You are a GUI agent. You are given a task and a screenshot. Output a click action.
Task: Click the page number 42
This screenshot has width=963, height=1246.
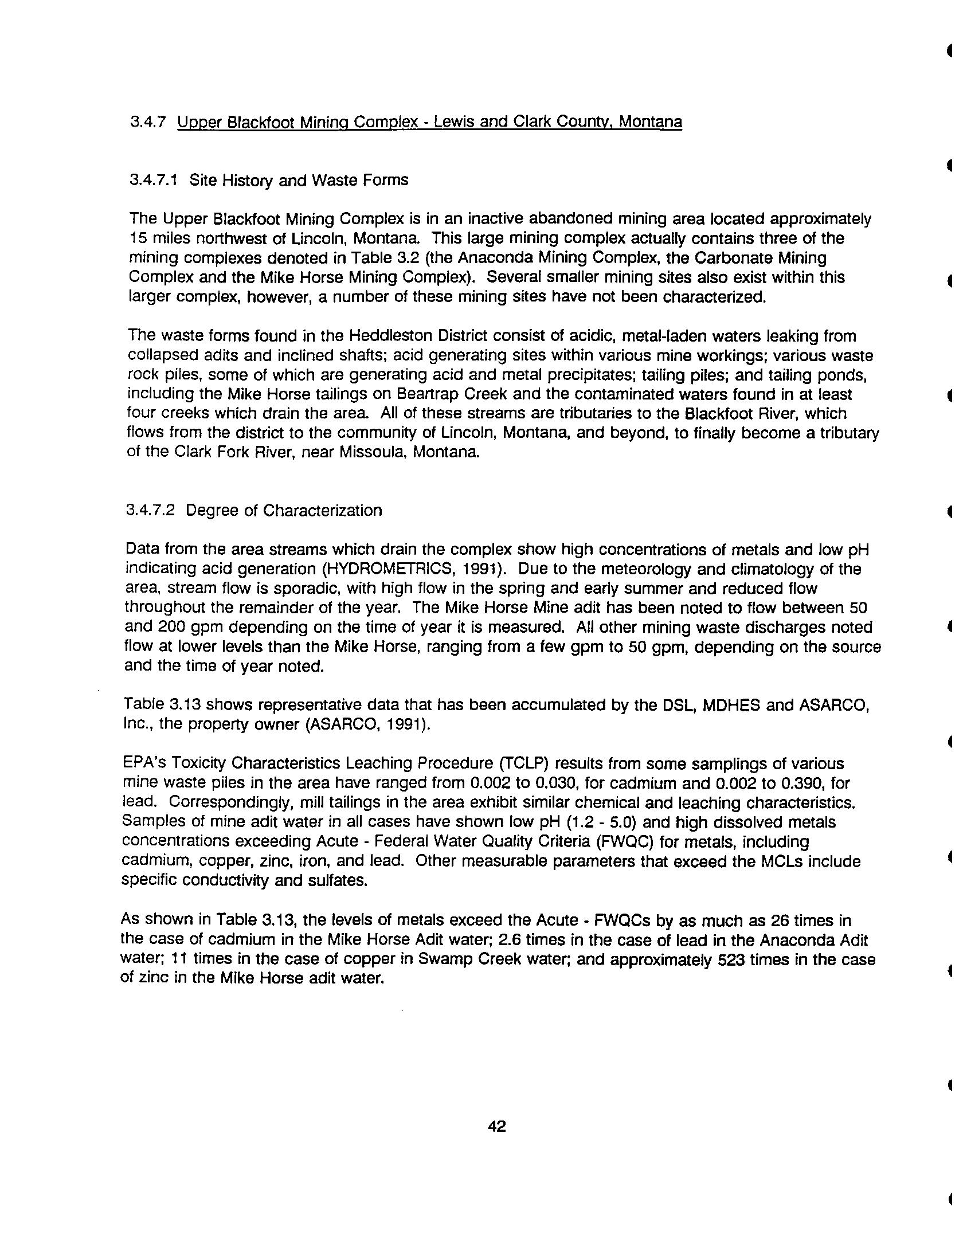click(x=496, y=1127)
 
